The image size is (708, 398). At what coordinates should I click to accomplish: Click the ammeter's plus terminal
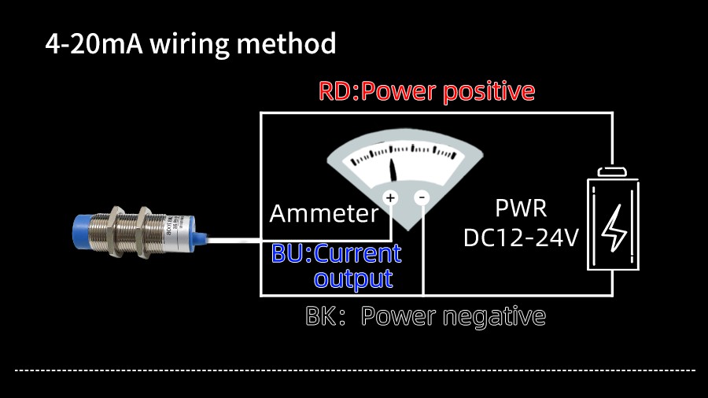(x=390, y=197)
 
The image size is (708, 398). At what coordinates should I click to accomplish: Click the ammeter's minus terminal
(x=422, y=197)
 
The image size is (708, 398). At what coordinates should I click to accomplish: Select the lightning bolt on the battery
(x=614, y=227)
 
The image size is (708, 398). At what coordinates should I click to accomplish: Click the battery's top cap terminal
(x=613, y=171)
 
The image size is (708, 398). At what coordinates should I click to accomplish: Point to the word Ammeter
(x=324, y=213)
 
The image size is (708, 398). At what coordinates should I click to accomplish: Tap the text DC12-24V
(x=521, y=237)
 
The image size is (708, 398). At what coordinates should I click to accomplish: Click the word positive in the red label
(x=489, y=92)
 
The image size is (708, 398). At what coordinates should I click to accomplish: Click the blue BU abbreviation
(x=286, y=254)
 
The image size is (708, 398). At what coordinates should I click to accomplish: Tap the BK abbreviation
(x=322, y=317)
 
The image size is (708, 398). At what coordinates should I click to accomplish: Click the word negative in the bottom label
(x=494, y=317)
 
